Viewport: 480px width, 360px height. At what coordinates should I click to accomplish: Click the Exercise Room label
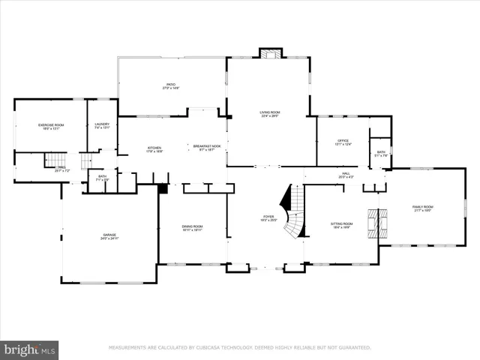point(51,126)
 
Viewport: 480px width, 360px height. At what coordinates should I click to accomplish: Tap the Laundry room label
point(103,126)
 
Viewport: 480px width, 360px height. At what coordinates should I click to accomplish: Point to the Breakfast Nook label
point(206,148)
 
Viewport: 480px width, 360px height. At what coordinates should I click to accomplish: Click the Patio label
point(171,85)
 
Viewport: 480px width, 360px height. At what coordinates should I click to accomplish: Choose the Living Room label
point(269,114)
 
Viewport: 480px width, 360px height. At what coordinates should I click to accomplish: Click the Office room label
point(343,142)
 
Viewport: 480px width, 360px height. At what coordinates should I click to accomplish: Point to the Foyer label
point(268,218)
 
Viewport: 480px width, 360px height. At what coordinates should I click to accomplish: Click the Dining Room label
point(192,227)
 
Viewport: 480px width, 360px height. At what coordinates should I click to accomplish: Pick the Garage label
point(109,235)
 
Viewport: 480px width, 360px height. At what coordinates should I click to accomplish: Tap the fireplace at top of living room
point(271,53)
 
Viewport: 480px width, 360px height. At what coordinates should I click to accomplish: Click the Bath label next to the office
point(381,154)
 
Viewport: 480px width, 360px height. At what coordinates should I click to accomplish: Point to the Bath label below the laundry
point(102,178)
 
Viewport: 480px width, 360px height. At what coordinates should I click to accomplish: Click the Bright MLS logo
point(29,349)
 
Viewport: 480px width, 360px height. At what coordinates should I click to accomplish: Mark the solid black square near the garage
point(163,189)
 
